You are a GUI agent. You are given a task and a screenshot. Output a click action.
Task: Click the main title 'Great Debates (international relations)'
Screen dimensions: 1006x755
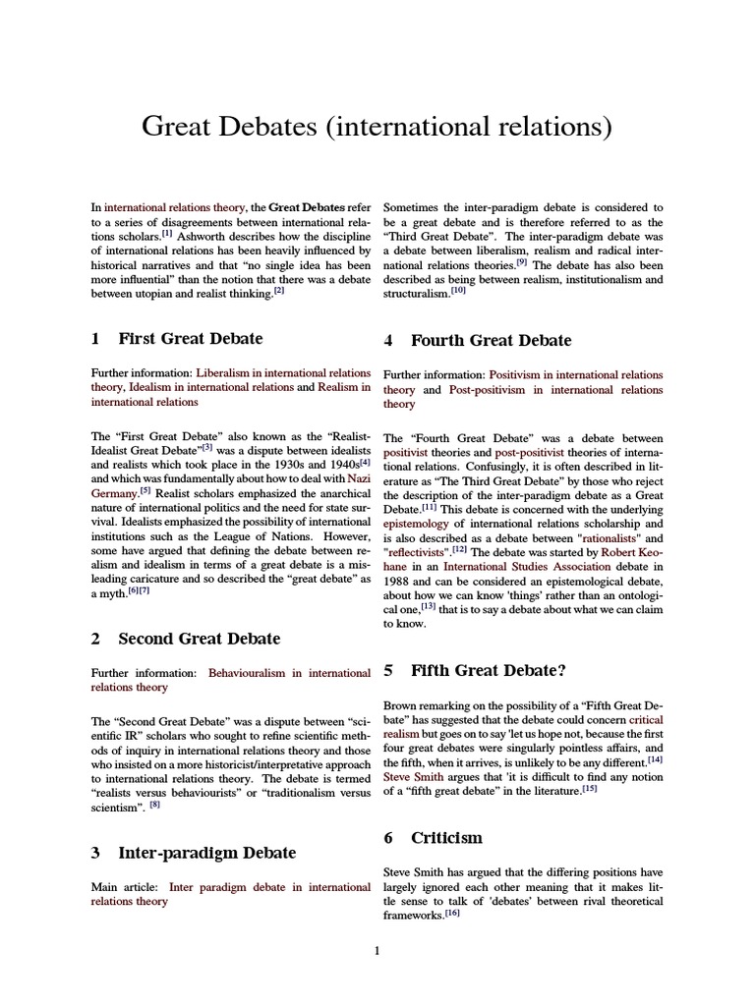377,127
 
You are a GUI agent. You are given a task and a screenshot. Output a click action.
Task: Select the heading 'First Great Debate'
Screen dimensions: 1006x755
190,339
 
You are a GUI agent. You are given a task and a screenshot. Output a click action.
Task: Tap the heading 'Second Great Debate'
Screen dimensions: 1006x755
199,639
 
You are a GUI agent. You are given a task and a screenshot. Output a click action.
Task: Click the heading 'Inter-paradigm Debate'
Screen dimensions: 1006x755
206,853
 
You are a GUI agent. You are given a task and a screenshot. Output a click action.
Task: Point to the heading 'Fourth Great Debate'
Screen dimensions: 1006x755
490,341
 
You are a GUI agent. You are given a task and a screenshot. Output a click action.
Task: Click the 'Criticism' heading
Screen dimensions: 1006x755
446,838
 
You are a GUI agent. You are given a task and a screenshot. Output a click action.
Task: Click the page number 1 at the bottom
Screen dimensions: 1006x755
377,951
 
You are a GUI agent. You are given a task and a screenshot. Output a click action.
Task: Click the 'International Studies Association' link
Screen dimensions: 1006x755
519,567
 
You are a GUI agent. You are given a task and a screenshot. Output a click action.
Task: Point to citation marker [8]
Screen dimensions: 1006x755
154,806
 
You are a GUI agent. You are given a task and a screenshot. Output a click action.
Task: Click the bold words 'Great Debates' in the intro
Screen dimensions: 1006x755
307,208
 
